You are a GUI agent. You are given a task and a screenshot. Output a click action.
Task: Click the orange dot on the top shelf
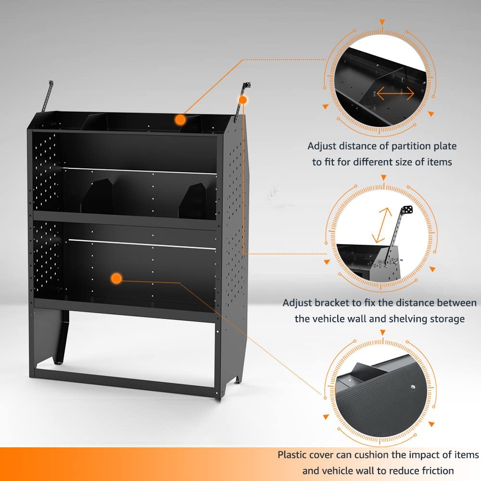point(180,119)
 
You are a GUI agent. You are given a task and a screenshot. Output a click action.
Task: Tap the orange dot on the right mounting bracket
point(243,100)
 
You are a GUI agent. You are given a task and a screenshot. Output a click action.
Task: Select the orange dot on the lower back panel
point(115,278)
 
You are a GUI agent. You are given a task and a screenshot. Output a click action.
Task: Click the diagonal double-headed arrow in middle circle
point(381,225)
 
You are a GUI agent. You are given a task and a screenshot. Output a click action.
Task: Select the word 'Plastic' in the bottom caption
point(294,455)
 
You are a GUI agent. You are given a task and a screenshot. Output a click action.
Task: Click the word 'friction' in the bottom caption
point(435,470)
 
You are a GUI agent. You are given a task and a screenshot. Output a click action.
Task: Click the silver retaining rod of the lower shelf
point(142,244)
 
